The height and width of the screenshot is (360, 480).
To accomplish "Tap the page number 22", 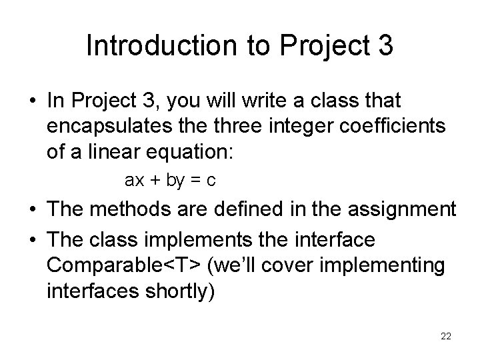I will point(446,336).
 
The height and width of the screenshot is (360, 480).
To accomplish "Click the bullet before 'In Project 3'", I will point(31,101).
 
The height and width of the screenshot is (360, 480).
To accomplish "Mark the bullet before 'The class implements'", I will point(31,239).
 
